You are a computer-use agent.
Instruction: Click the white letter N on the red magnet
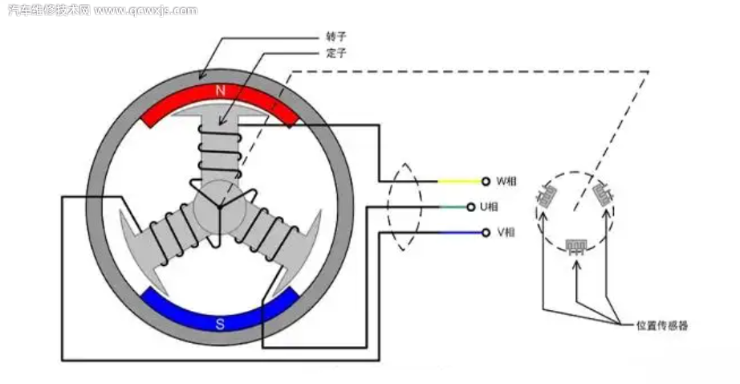[x=221, y=92]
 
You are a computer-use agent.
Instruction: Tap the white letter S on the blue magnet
[x=220, y=325]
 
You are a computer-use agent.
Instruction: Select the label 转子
[x=335, y=37]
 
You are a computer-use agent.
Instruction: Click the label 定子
[x=335, y=55]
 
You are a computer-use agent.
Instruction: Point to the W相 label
[x=506, y=181]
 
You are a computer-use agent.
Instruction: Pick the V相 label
[x=506, y=233]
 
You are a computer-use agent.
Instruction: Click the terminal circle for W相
[x=485, y=181]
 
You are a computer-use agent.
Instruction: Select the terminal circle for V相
[x=485, y=233]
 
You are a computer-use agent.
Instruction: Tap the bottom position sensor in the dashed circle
[x=575, y=245]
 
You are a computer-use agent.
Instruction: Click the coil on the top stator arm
[x=219, y=153]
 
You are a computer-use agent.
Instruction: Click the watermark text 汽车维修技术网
[x=48, y=10]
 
